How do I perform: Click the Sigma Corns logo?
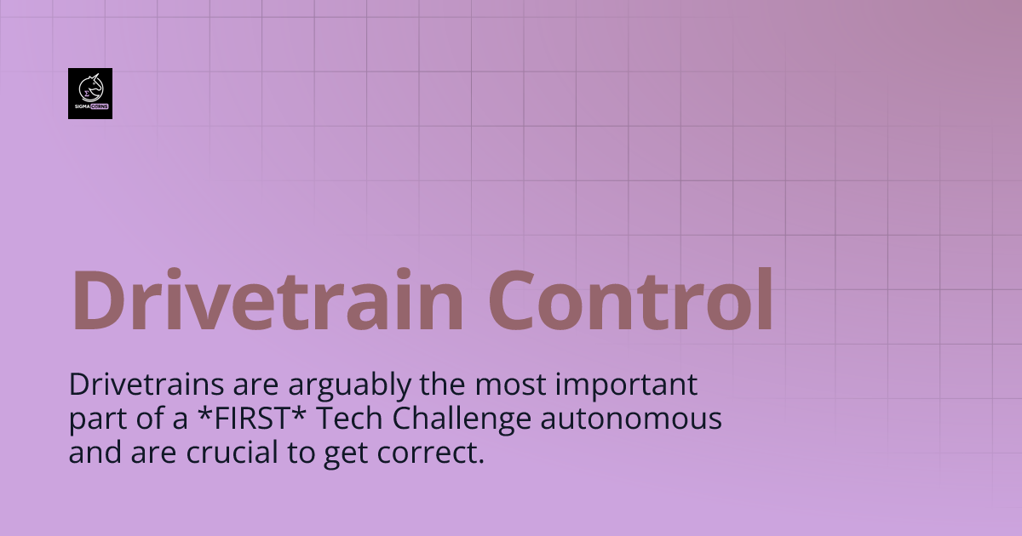(x=90, y=94)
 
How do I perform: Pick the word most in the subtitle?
(x=514, y=385)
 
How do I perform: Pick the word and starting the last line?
(x=93, y=453)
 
